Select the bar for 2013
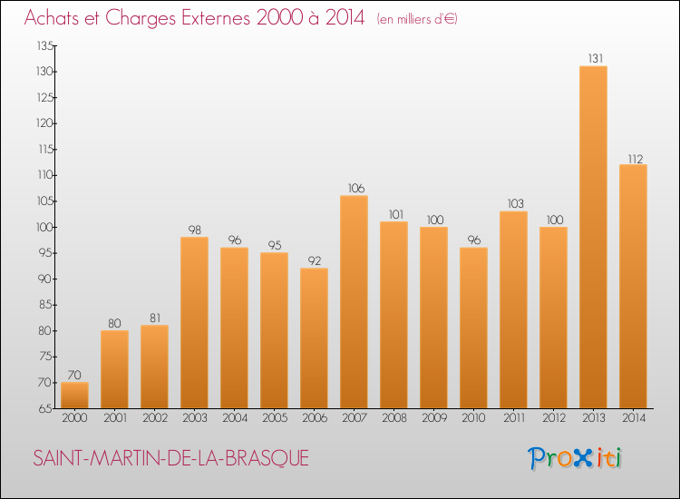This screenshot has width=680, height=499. pyautogui.click(x=593, y=238)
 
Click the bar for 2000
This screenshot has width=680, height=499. pyautogui.click(x=74, y=396)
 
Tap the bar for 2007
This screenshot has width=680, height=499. pyautogui.click(x=354, y=302)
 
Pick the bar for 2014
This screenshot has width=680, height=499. pyautogui.click(x=633, y=287)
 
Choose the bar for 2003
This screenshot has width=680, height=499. pyautogui.click(x=194, y=323)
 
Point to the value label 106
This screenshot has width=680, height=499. pyautogui.click(x=354, y=189)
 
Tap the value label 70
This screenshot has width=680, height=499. pyautogui.click(x=74, y=375)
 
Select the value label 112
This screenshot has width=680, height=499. pyautogui.click(x=633, y=158)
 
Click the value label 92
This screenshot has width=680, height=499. pyautogui.click(x=314, y=261)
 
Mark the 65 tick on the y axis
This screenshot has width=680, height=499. pyautogui.click(x=44, y=408)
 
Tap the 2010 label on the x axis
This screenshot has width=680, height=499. pyautogui.click(x=473, y=418)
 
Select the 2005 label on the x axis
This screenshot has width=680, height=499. pyautogui.click(x=274, y=418)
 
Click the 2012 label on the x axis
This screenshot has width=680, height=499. pyautogui.click(x=553, y=418)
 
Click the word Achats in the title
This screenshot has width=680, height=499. pyautogui.click(x=55, y=18)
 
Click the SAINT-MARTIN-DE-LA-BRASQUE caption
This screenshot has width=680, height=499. pyautogui.click(x=171, y=459)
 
